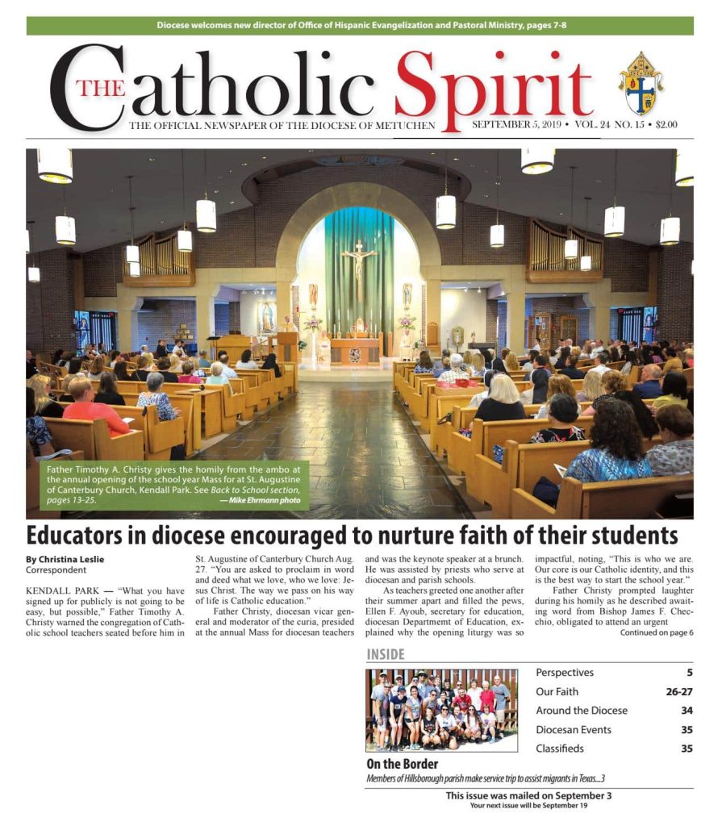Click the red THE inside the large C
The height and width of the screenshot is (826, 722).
[x=101, y=88]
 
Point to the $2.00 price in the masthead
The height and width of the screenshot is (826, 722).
[x=666, y=125]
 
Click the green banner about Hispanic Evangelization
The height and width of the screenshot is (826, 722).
[x=360, y=26]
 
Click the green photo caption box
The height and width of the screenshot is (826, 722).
[x=172, y=484]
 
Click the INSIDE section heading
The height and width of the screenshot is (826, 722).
[x=386, y=654]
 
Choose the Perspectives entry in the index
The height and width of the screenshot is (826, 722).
[x=565, y=673]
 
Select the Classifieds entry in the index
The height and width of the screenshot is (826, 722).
[x=560, y=749]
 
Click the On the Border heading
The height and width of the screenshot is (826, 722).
[x=403, y=764]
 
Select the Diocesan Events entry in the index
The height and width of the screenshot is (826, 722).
[x=574, y=730]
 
